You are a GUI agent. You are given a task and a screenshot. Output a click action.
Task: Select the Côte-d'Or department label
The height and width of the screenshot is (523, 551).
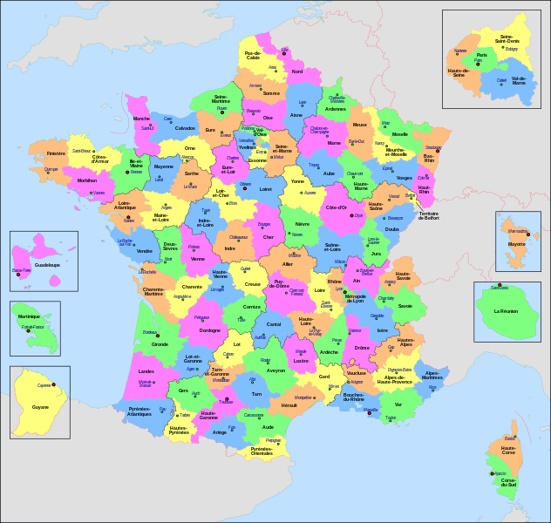(x=336, y=207)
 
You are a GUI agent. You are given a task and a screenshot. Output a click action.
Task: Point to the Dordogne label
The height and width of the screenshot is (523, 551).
(x=210, y=330)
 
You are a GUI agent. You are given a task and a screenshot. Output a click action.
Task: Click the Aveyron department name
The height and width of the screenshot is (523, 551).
(x=275, y=370)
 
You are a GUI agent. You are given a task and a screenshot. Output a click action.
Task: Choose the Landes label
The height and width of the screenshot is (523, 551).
(x=146, y=371)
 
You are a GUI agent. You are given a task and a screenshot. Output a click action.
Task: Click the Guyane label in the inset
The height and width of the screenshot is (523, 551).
(x=40, y=406)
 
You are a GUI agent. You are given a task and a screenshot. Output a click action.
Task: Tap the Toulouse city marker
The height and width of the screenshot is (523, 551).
(x=221, y=403)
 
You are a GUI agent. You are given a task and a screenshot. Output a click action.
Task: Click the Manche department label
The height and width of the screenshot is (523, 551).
(x=141, y=119)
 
